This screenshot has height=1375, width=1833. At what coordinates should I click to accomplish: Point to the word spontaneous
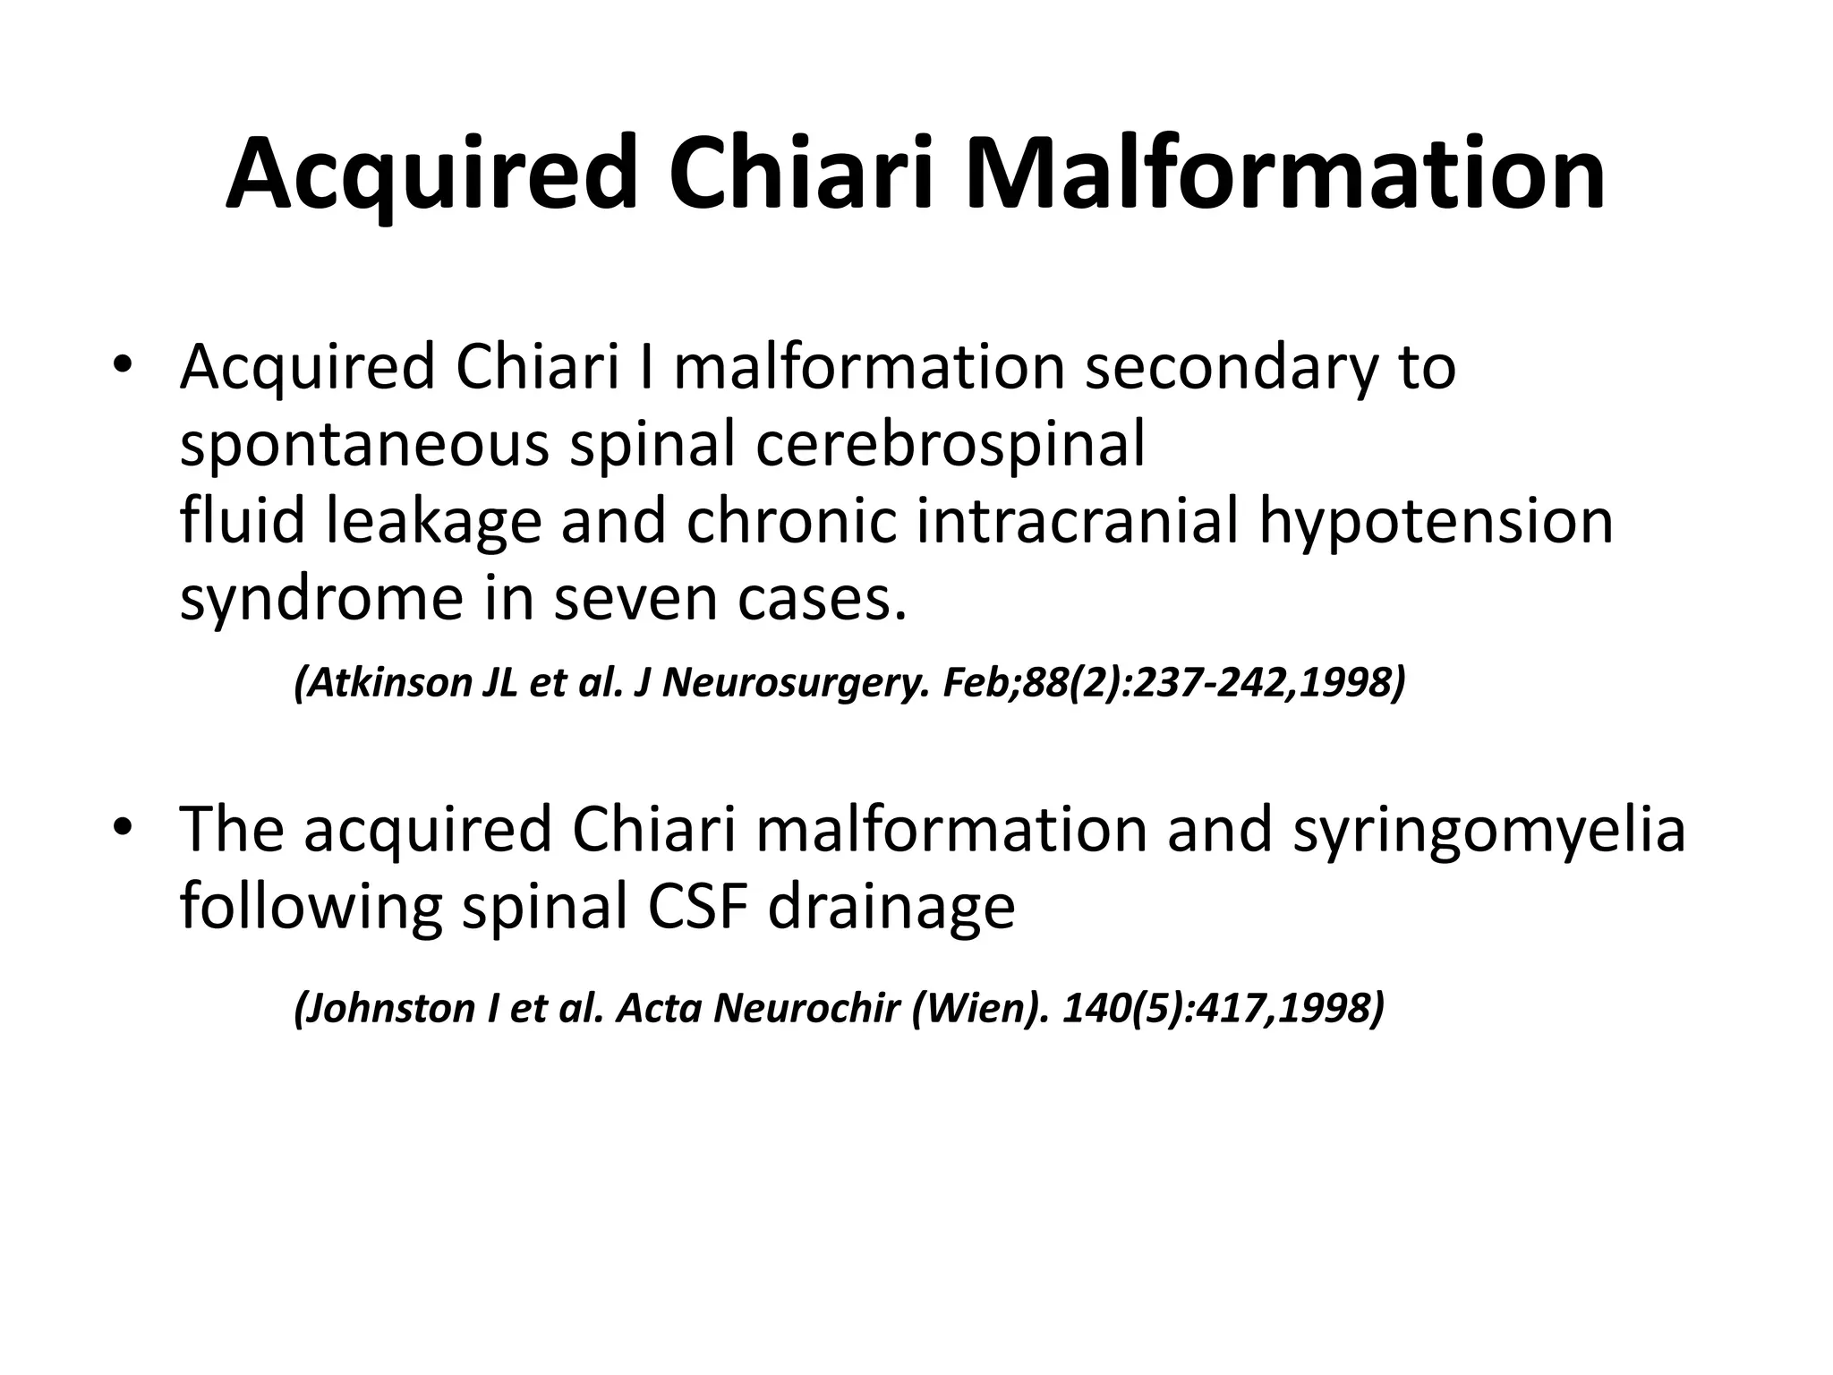point(364,445)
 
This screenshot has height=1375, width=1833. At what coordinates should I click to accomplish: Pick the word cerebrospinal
point(950,445)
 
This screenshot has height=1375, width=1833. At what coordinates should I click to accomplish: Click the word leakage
point(433,521)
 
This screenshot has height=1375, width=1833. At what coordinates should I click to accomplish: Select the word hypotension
point(1436,521)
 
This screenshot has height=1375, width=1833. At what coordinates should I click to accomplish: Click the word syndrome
point(321,598)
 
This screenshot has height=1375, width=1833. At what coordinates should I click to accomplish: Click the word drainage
point(891,906)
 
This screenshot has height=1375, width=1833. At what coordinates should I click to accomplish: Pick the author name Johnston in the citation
point(386,1008)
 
